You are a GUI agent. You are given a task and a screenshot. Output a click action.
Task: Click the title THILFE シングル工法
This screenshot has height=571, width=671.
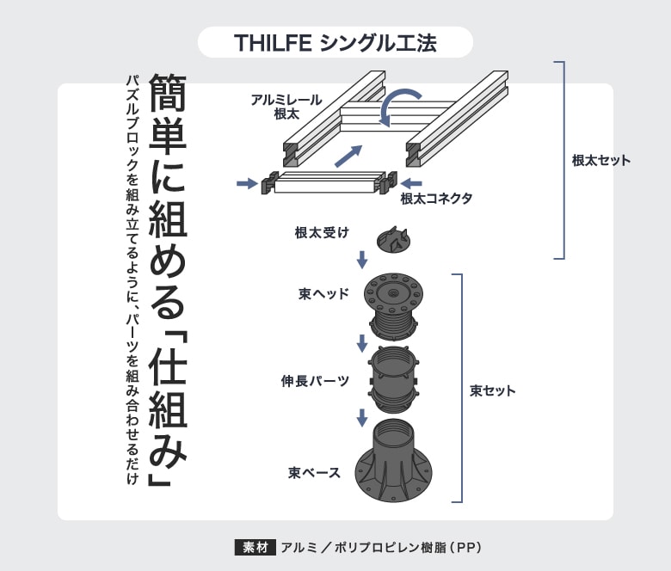coord(335,43)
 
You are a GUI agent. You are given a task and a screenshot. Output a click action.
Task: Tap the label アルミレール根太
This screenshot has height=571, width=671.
coord(286,107)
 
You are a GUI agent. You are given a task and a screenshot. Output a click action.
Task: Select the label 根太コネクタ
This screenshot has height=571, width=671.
coord(436,199)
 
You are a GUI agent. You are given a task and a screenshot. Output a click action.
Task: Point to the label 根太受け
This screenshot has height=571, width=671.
coord(322,233)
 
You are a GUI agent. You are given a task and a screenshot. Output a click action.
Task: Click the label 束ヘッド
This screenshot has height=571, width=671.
coord(324,294)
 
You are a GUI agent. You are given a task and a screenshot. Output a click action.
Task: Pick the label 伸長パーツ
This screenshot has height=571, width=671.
coord(315,381)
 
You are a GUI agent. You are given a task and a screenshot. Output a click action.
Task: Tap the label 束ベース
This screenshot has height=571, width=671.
coord(314,473)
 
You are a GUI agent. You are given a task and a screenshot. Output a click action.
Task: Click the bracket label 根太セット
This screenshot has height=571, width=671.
coord(601,161)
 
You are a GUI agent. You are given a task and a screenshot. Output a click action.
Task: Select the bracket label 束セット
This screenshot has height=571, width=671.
coord(493,390)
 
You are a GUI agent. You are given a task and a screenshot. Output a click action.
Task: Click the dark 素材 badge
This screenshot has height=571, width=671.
coord(255,548)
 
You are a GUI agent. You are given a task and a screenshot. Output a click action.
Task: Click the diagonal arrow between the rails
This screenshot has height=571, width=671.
coord(348,156)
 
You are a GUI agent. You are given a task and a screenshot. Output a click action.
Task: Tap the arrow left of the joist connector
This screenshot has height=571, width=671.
coord(247,183)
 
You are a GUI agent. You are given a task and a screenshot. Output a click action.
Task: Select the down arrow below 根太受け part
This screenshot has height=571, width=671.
coord(362,260)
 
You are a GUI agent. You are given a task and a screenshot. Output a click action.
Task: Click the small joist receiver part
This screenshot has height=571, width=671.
coord(393,240)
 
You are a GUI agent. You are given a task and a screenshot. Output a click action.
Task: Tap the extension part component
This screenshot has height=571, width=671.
coord(393,379)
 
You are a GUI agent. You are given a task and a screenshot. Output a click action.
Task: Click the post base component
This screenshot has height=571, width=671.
coord(393,461)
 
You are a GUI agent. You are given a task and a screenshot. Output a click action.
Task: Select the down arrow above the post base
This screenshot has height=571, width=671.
coord(362,418)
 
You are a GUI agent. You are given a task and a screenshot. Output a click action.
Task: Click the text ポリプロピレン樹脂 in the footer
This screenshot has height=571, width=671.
coord(391,548)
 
